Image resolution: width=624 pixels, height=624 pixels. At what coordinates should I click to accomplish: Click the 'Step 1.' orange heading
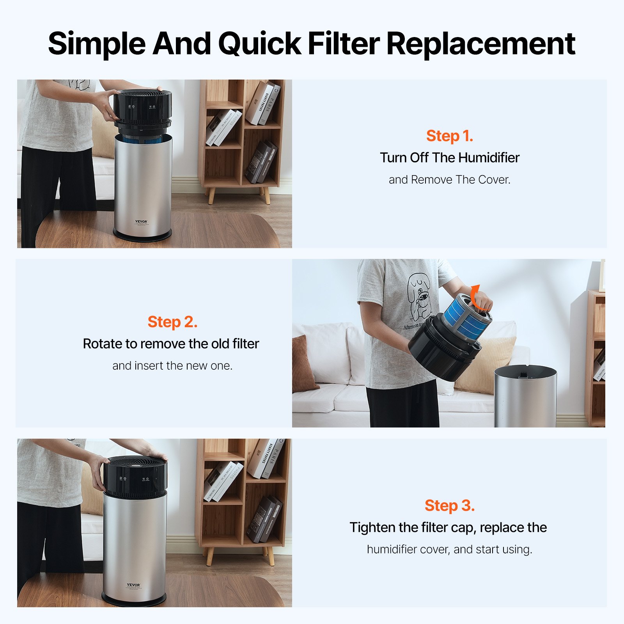point(449,136)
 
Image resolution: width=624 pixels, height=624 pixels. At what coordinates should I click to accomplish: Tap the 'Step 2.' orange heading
point(172,322)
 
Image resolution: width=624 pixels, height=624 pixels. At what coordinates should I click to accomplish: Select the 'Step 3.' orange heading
point(449,505)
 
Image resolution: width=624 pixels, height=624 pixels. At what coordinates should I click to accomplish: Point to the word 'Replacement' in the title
point(480,44)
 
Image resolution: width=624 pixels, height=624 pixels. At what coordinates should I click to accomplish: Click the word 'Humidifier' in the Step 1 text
point(489,158)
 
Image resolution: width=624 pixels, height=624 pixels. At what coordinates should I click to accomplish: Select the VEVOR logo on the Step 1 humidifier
point(141,222)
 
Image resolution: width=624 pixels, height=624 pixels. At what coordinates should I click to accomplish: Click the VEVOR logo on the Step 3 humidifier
point(133,585)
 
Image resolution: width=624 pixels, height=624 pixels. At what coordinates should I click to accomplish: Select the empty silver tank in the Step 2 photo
point(525,398)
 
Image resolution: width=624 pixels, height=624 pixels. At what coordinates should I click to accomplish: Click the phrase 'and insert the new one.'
point(172,366)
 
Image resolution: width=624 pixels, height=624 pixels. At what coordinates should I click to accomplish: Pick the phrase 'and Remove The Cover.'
point(449,180)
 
